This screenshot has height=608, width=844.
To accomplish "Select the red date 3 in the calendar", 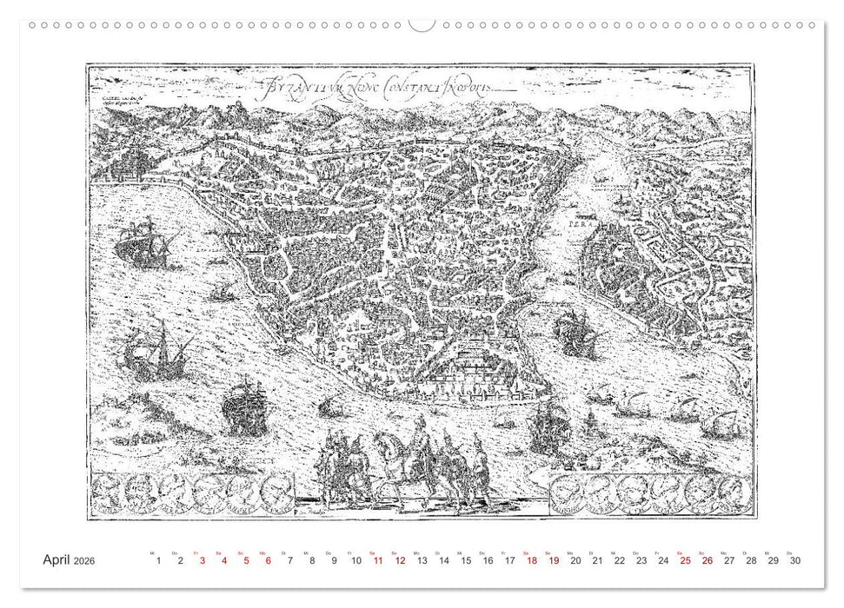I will click(x=203, y=561).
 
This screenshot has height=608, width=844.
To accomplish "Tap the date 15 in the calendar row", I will click(x=466, y=561).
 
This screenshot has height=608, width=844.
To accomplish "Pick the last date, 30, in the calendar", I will click(x=795, y=561).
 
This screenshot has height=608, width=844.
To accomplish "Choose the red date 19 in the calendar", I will click(x=554, y=561).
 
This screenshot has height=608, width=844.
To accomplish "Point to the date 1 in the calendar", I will click(x=158, y=561).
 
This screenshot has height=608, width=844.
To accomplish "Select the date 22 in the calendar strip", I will click(x=620, y=561).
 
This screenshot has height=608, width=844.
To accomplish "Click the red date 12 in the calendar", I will click(x=400, y=561).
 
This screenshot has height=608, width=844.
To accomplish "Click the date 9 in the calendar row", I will click(x=334, y=561).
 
